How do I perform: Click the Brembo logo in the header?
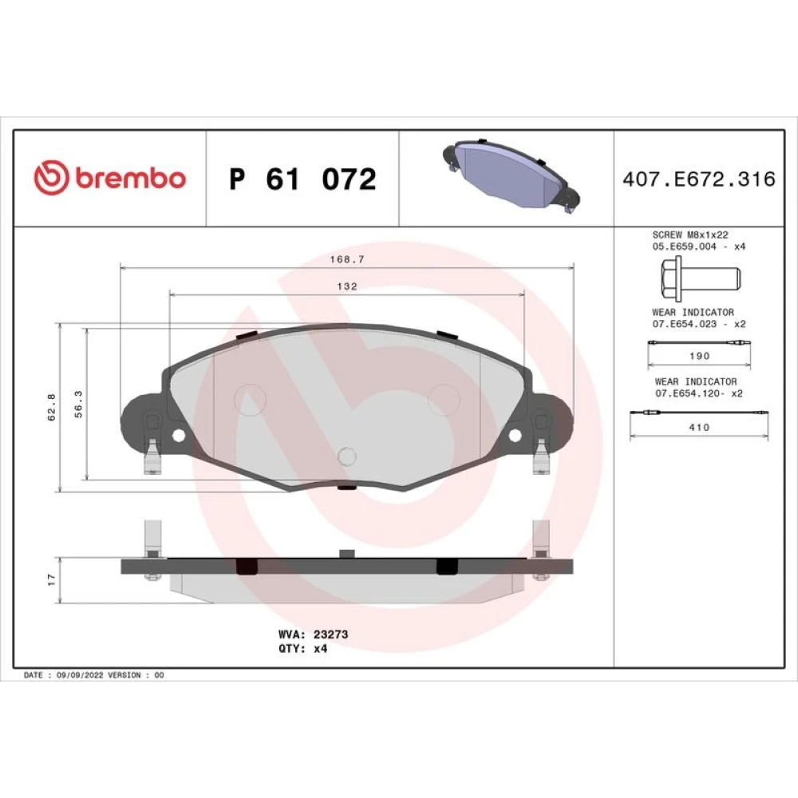[109, 177]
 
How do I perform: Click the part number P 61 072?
[302, 179]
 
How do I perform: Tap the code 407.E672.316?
[699, 179]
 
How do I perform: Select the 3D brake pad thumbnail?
[511, 175]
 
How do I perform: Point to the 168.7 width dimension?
[347, 259]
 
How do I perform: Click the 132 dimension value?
[347, 286]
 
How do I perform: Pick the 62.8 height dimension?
[51, 407]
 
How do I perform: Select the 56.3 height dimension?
[78, 405]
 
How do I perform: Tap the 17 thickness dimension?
[51, 579]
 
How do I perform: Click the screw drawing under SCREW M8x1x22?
[701, 278]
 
